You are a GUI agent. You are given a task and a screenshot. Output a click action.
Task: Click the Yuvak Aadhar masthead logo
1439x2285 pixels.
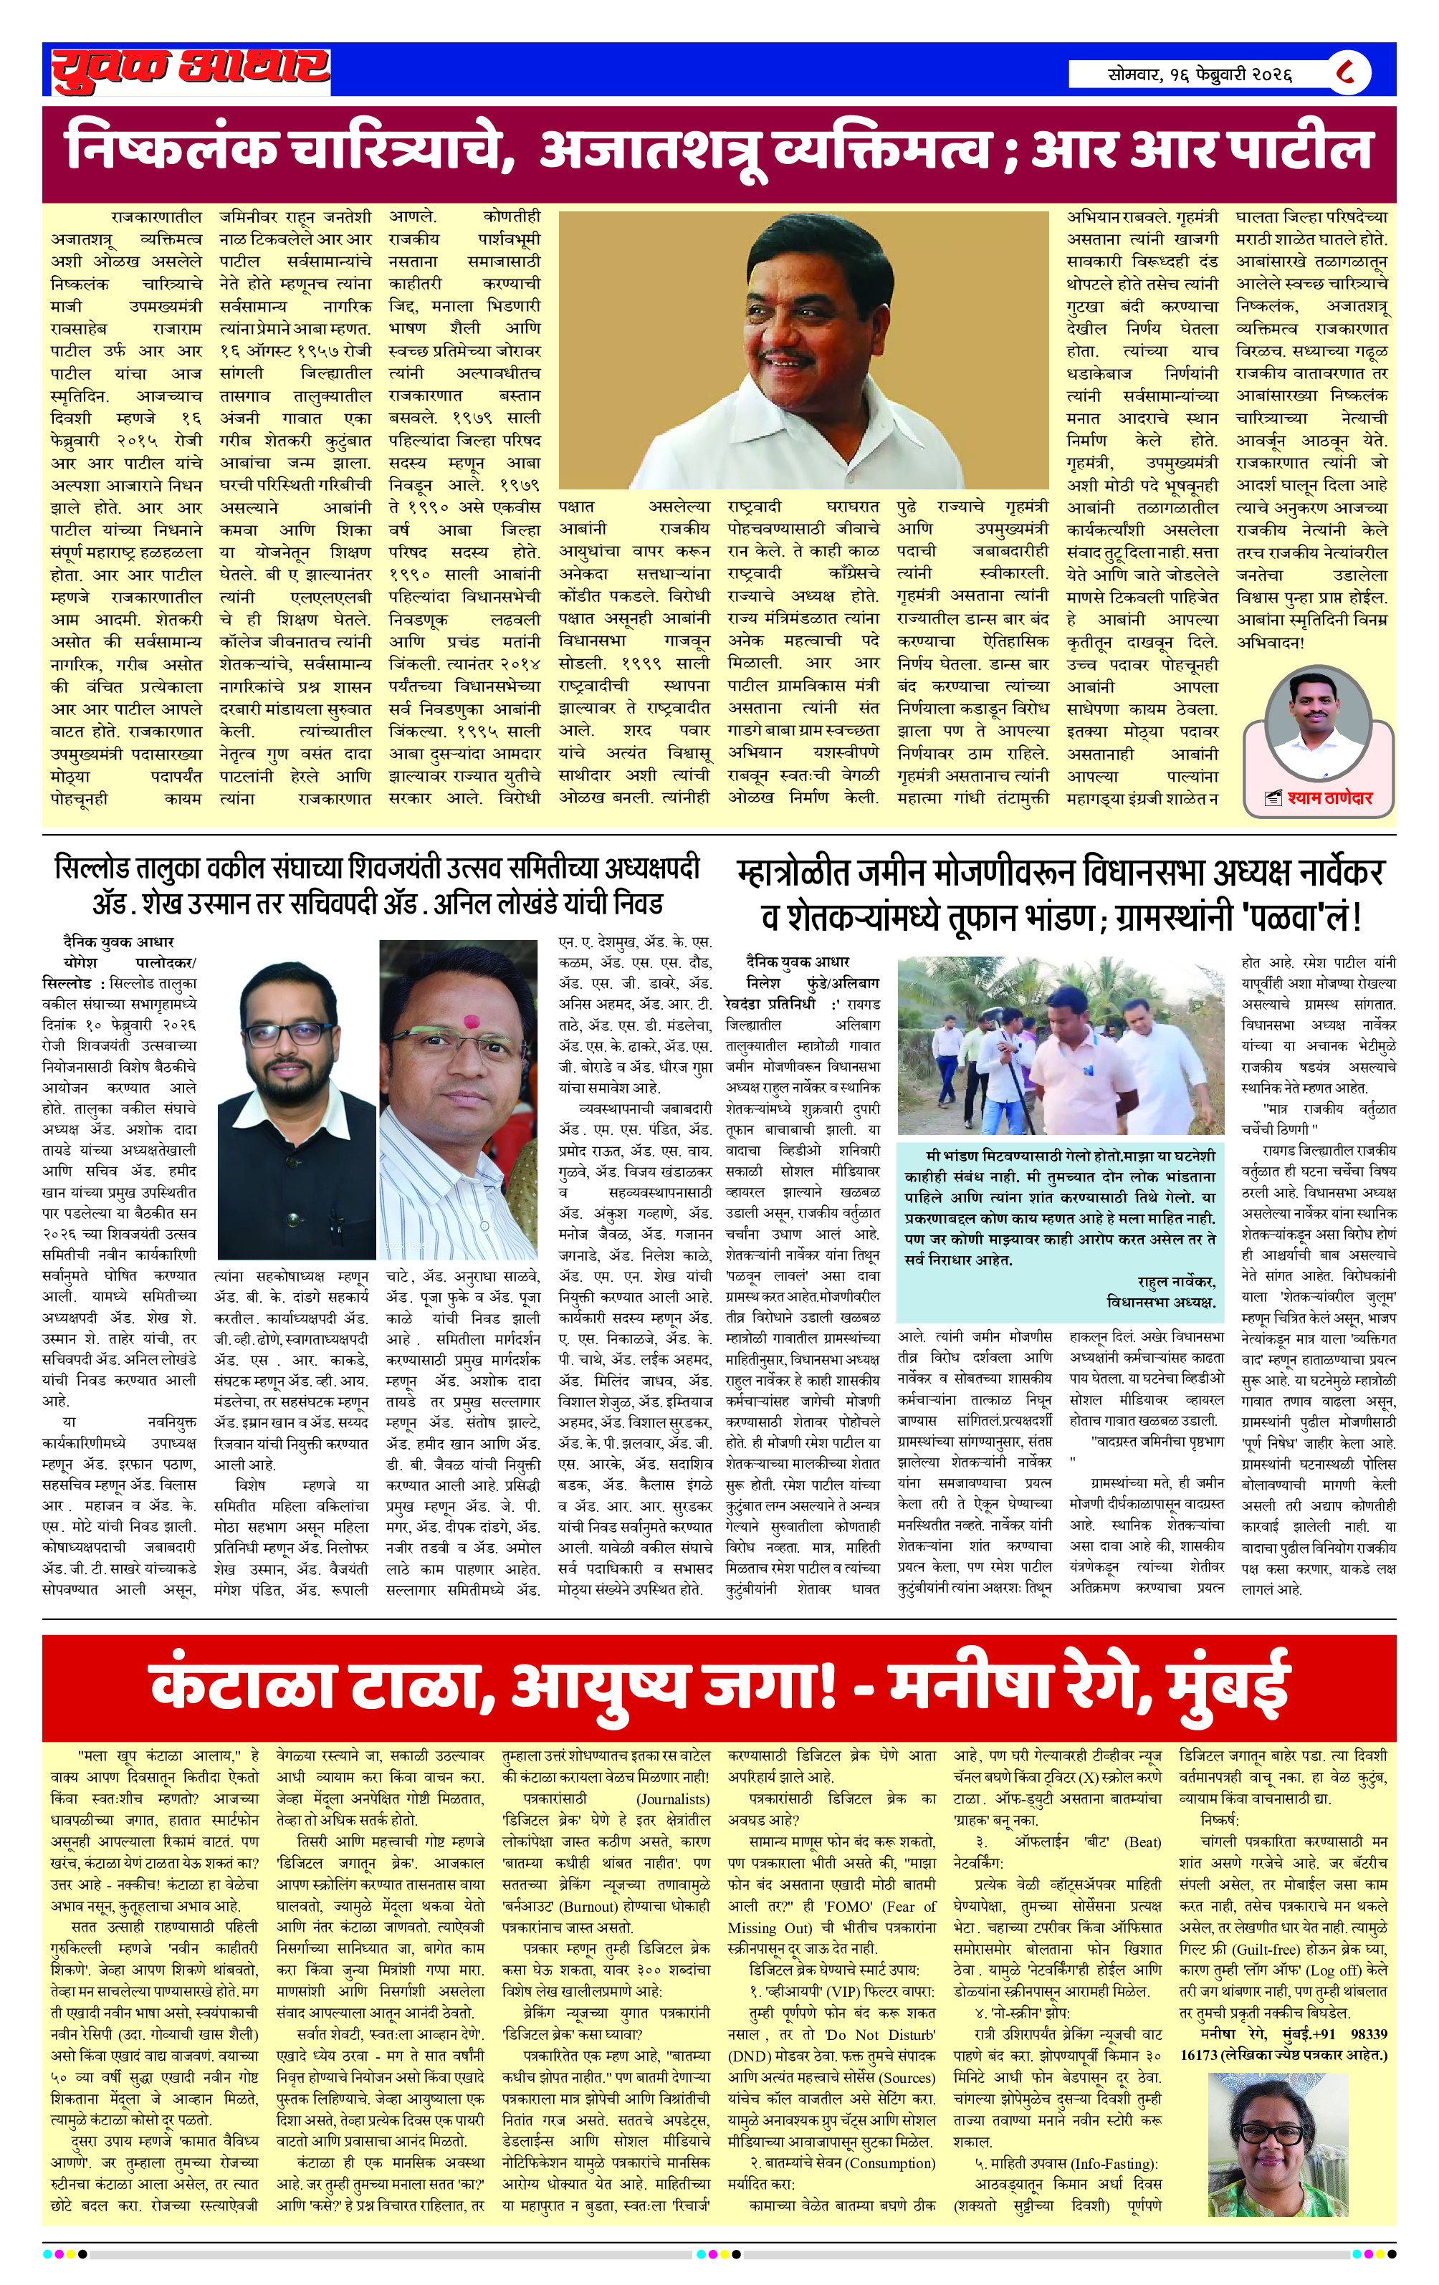190,70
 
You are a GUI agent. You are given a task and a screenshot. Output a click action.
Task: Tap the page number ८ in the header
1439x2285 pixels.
1346,72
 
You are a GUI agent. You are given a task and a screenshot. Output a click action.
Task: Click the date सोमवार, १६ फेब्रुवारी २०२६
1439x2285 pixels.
1199,73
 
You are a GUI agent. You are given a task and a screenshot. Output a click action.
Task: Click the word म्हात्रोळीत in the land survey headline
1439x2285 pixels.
793,872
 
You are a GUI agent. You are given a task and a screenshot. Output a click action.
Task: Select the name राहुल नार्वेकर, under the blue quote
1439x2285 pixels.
1176,1281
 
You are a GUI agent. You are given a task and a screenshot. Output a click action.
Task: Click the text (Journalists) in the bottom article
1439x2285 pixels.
672,1798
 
